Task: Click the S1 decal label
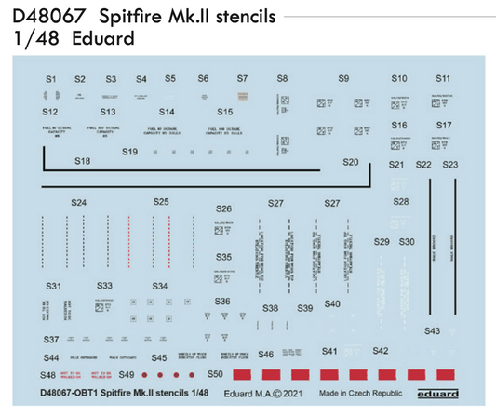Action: click(52, 79)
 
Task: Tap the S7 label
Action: click(242, 79)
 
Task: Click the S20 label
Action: click(351, 162)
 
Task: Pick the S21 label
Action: click(397, 165)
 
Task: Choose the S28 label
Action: click(401, 201)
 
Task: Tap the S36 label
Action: click(223, 302)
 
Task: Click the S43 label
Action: click(433, 331)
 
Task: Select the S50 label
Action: click(215, 374)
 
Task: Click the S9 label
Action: click(343, 79)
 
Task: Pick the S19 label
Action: click(130, 152)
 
